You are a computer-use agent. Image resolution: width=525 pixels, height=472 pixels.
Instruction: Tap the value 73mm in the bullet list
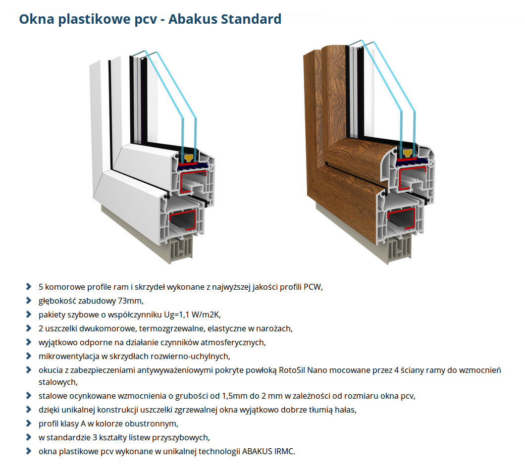click(131, 301)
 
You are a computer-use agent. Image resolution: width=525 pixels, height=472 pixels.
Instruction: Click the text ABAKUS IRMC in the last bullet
click(268, 451)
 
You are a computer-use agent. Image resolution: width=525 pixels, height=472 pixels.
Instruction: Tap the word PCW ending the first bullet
click(312, 287)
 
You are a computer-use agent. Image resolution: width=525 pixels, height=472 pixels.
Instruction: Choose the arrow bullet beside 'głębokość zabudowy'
click(29, 301)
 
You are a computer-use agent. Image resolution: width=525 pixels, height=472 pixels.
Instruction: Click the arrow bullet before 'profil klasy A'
click(29, 423)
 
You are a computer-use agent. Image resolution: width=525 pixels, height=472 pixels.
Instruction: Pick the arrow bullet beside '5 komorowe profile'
click(29, 287)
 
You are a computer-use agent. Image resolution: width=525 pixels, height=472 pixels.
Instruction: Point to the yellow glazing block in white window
click(189, 158)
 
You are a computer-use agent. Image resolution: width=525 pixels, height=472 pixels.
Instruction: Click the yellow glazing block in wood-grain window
click(408, 154)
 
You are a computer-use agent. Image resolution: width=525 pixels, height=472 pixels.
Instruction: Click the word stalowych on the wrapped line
click(57, 382)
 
